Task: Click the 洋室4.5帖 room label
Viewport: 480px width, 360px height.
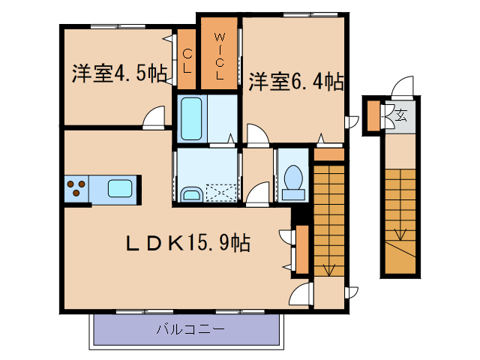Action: (119, 73)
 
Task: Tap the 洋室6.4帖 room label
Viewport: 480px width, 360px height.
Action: (297, 80)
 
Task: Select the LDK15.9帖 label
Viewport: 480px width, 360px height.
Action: (187, 243)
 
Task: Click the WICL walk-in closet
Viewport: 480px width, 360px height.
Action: (219, 54)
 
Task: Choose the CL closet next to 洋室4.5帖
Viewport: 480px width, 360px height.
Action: (187, 59)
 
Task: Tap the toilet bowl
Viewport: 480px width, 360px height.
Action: (293, 181)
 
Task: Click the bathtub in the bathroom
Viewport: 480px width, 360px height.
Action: (193, 118)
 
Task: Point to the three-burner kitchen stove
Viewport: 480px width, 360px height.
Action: (76, 187)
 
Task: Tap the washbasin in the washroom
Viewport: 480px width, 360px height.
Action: (191, 195)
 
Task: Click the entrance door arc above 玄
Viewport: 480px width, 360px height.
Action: (403, 88)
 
